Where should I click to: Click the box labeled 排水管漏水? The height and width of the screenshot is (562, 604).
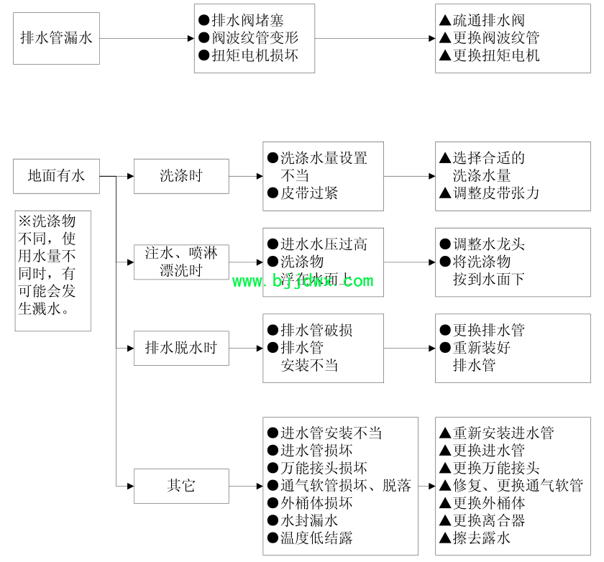pyautogui.click(x=56, y=38)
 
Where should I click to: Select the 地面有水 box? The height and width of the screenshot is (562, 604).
pyautogui.click(x=56, y=175)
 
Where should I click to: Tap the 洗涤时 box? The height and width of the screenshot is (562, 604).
pyautogui.click(x=181, y=176)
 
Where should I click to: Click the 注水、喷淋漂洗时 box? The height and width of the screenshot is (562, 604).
pyautogui.click(x=181, y=262)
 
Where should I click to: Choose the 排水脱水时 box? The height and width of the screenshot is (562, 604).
pyautogui.click(x=181, y=348)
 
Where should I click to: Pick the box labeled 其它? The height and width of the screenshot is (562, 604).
pyautogui.click(x=181, y=486)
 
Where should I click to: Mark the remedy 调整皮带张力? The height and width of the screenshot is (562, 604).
pyautogui.click(x=495, y=193)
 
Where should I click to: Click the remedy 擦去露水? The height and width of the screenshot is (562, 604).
pyautogui.click(x=481, y=538)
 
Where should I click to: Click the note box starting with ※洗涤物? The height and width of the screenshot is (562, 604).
pyautogui.click(x=53, y=270)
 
